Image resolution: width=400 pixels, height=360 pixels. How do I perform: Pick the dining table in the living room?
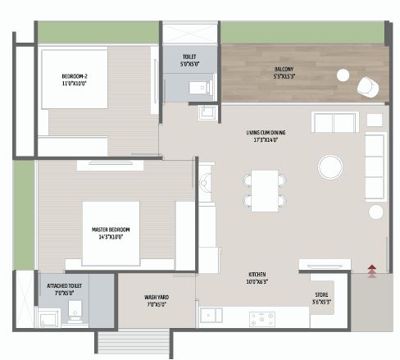pyautogui.click(x=264, y=188)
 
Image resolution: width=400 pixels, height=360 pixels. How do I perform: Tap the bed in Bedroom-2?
pyautogui.click(x=74, y=78)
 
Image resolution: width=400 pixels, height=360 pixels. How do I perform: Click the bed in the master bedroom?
pyautogui.click(x=111, y=233)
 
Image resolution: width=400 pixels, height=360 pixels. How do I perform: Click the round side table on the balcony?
pyautogui.click(x=343, y=75)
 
